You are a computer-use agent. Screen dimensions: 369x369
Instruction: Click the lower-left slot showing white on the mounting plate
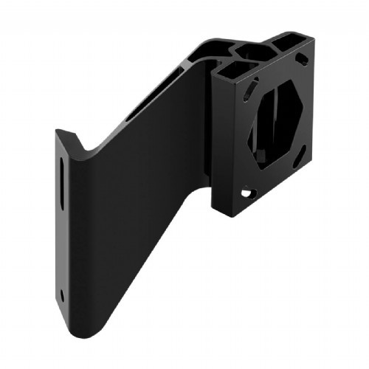tap(246, 193)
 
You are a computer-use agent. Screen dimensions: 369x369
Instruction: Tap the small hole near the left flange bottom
tap(62, 294)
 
